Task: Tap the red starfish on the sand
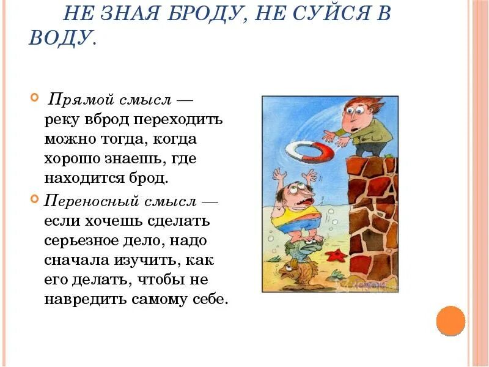(334, 255)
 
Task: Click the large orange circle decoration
(451, 321)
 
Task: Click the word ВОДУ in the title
(61, 38)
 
